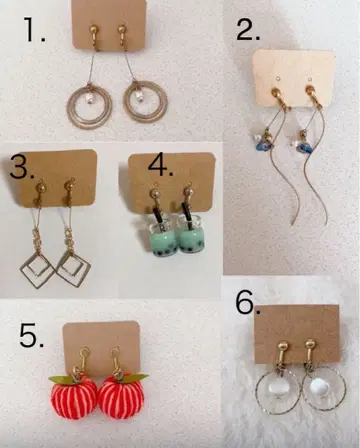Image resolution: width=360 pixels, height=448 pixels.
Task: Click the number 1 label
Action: coord(35,30)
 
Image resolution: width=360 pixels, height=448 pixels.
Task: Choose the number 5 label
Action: coord(32,335)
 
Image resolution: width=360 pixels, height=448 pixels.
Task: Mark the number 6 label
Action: coord(248,303)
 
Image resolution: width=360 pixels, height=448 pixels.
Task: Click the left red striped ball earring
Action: coord(74,397)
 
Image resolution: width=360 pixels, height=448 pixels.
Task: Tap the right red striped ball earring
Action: coord(121,398)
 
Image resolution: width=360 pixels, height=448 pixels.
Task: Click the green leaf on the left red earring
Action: coord(61,378)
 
